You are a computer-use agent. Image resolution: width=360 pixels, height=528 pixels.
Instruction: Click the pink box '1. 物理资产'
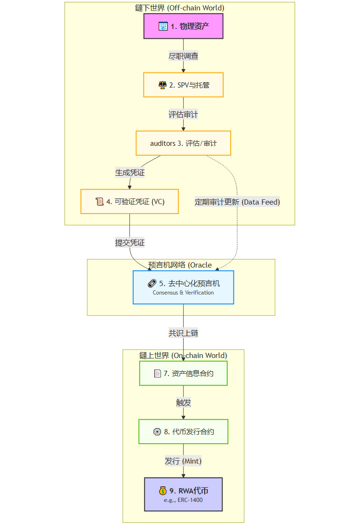pos(183,26)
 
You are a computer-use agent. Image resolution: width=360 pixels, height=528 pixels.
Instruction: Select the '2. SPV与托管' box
pos(183,85)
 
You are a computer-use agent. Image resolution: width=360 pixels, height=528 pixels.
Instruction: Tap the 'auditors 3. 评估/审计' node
pos(183,143)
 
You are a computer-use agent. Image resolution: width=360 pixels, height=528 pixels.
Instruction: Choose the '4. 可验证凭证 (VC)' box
pos(129,201)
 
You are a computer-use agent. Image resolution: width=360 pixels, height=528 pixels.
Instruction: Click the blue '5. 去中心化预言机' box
pos(183,287)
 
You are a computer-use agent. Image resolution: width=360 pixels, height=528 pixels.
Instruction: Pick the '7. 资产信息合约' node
pos(183,373)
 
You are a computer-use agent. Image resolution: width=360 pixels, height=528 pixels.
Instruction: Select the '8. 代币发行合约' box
pos(183,431)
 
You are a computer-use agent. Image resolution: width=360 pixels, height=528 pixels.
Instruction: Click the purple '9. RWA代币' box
pos(183,494)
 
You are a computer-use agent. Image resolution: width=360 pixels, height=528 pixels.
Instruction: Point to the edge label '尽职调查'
pos(183,56)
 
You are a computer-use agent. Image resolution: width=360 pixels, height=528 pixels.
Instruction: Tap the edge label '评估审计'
pos(183,114)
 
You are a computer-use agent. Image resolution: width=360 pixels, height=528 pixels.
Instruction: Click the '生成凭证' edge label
pos(130,172)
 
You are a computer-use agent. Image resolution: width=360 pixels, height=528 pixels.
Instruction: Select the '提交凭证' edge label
pos(130,242)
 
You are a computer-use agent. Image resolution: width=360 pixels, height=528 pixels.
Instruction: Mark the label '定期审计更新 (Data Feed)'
pos(237,202)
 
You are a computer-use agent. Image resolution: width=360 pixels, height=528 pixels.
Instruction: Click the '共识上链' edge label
pos(183,333)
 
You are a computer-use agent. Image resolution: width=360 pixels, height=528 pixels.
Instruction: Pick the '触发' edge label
pos(183,403)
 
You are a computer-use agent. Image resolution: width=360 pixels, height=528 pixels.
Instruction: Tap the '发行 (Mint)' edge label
pos(183,461)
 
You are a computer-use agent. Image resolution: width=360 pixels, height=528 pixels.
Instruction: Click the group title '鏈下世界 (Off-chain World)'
pos(180,8)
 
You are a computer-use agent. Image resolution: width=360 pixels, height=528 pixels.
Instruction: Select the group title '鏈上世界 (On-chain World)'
pos(183,355)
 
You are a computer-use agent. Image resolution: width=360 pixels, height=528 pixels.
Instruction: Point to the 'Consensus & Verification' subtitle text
pos(183,293)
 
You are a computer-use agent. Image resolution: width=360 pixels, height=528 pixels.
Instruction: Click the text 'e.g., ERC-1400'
pos(183,500)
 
